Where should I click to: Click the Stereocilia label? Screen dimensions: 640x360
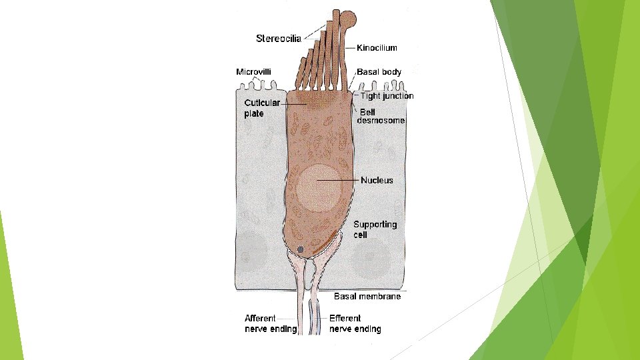tap(279, 38)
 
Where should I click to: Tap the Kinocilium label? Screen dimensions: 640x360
tap(377, 48)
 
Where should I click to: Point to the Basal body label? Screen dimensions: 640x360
tap(379, 71)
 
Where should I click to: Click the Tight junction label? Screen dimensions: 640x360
tap(387, 96)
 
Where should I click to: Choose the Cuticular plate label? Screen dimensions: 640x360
tap(261, 108)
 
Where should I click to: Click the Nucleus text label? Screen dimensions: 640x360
tap(377, 180)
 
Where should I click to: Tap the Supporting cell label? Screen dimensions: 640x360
tap(375, 229)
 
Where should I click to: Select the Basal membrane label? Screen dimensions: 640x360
tap(367, 296)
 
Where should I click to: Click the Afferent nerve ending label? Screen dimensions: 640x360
tap(270, 323)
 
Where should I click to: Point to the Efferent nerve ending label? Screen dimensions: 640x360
tap(355, 323)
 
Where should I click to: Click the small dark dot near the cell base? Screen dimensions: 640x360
tap(300, 249)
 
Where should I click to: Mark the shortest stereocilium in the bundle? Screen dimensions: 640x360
tap(301, 73)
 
